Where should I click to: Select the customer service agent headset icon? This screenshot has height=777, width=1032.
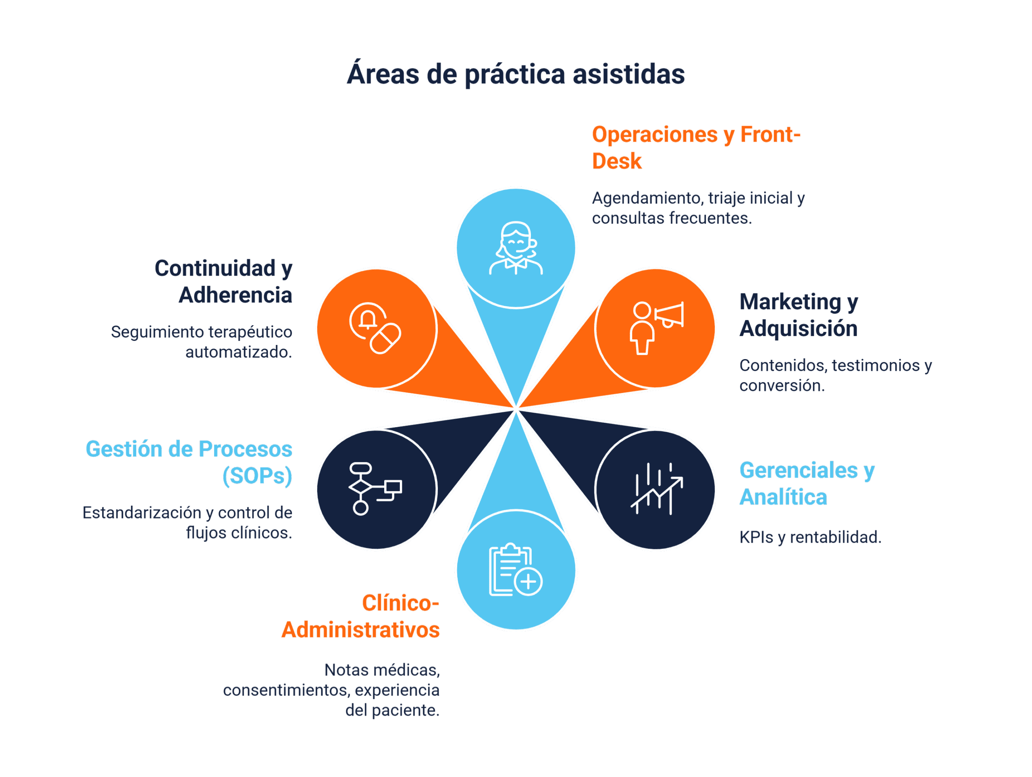coord(516,248)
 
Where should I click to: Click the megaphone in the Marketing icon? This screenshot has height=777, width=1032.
coord(670,315)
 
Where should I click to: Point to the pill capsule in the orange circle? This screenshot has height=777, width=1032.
coord(385,339)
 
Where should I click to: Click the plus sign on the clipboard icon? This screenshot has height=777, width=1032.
coord(528,582)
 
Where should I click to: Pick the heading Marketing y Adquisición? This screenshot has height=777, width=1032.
coord(799,315)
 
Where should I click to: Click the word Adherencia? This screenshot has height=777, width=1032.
coord(235,295)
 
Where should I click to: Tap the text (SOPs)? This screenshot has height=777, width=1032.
coord(257,476)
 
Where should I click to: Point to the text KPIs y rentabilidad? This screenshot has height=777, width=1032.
coord(810,537)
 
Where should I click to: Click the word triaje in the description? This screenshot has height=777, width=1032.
coord(726,198)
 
